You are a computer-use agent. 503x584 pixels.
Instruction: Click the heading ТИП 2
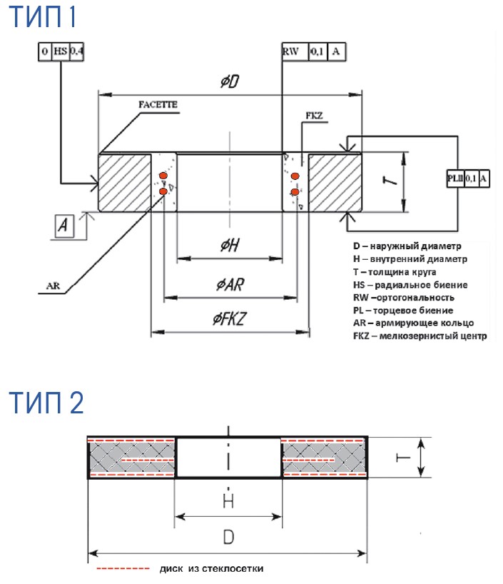(47, 403)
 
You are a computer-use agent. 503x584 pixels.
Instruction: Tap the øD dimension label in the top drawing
(229, 83)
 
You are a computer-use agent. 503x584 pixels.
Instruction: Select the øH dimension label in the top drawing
(229, 245)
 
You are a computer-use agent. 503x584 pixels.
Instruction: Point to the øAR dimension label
(230, 286)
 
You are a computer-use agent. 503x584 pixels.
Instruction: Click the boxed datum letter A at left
(65, 226)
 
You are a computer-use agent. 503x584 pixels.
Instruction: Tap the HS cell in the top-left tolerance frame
(61, 52)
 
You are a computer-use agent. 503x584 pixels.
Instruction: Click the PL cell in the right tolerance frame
(454, 179)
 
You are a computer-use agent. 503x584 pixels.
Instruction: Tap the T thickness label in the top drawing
(390, 181)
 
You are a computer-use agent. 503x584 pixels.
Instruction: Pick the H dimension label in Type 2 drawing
(228, 500)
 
